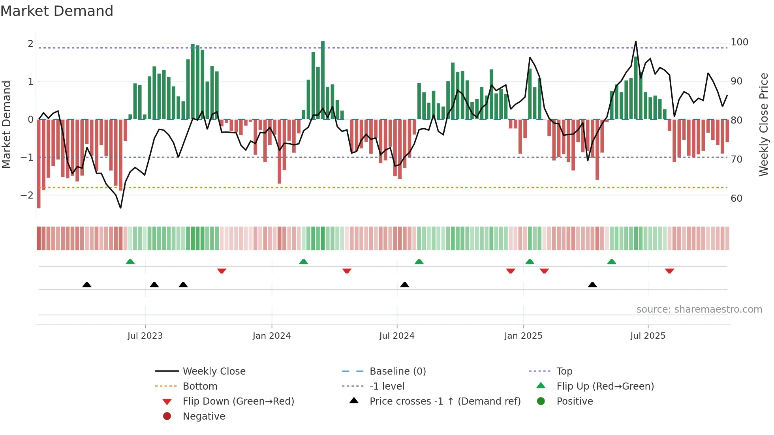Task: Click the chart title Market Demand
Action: [x=57, y=11]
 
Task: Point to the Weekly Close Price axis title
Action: [x=763, y=124]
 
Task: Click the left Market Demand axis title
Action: [x=6, y=124]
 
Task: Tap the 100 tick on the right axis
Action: [x=739, y=42]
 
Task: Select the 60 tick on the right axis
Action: [x=736, y=198]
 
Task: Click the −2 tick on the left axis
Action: [x=27, y=195]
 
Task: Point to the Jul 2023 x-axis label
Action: [x=145, y=336]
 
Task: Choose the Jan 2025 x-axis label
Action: [x=523, y=336]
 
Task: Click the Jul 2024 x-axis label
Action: [x=397, y=336]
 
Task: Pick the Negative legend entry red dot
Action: [x=167, y=416]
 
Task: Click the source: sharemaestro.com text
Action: [x=699, y=309]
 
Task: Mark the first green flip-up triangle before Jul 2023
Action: [x=130, y=262]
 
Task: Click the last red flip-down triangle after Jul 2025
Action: [x=669, y=271]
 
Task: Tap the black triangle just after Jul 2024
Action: [x=404, y=285]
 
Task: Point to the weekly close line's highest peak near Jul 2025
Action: [x=636, y=41]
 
